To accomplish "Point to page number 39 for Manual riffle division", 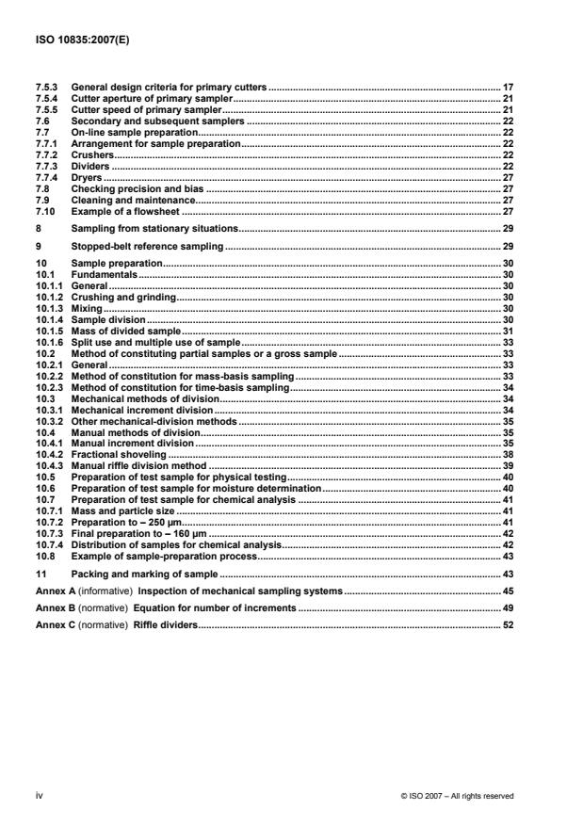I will pyautogui.click(x=507, y=466).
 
